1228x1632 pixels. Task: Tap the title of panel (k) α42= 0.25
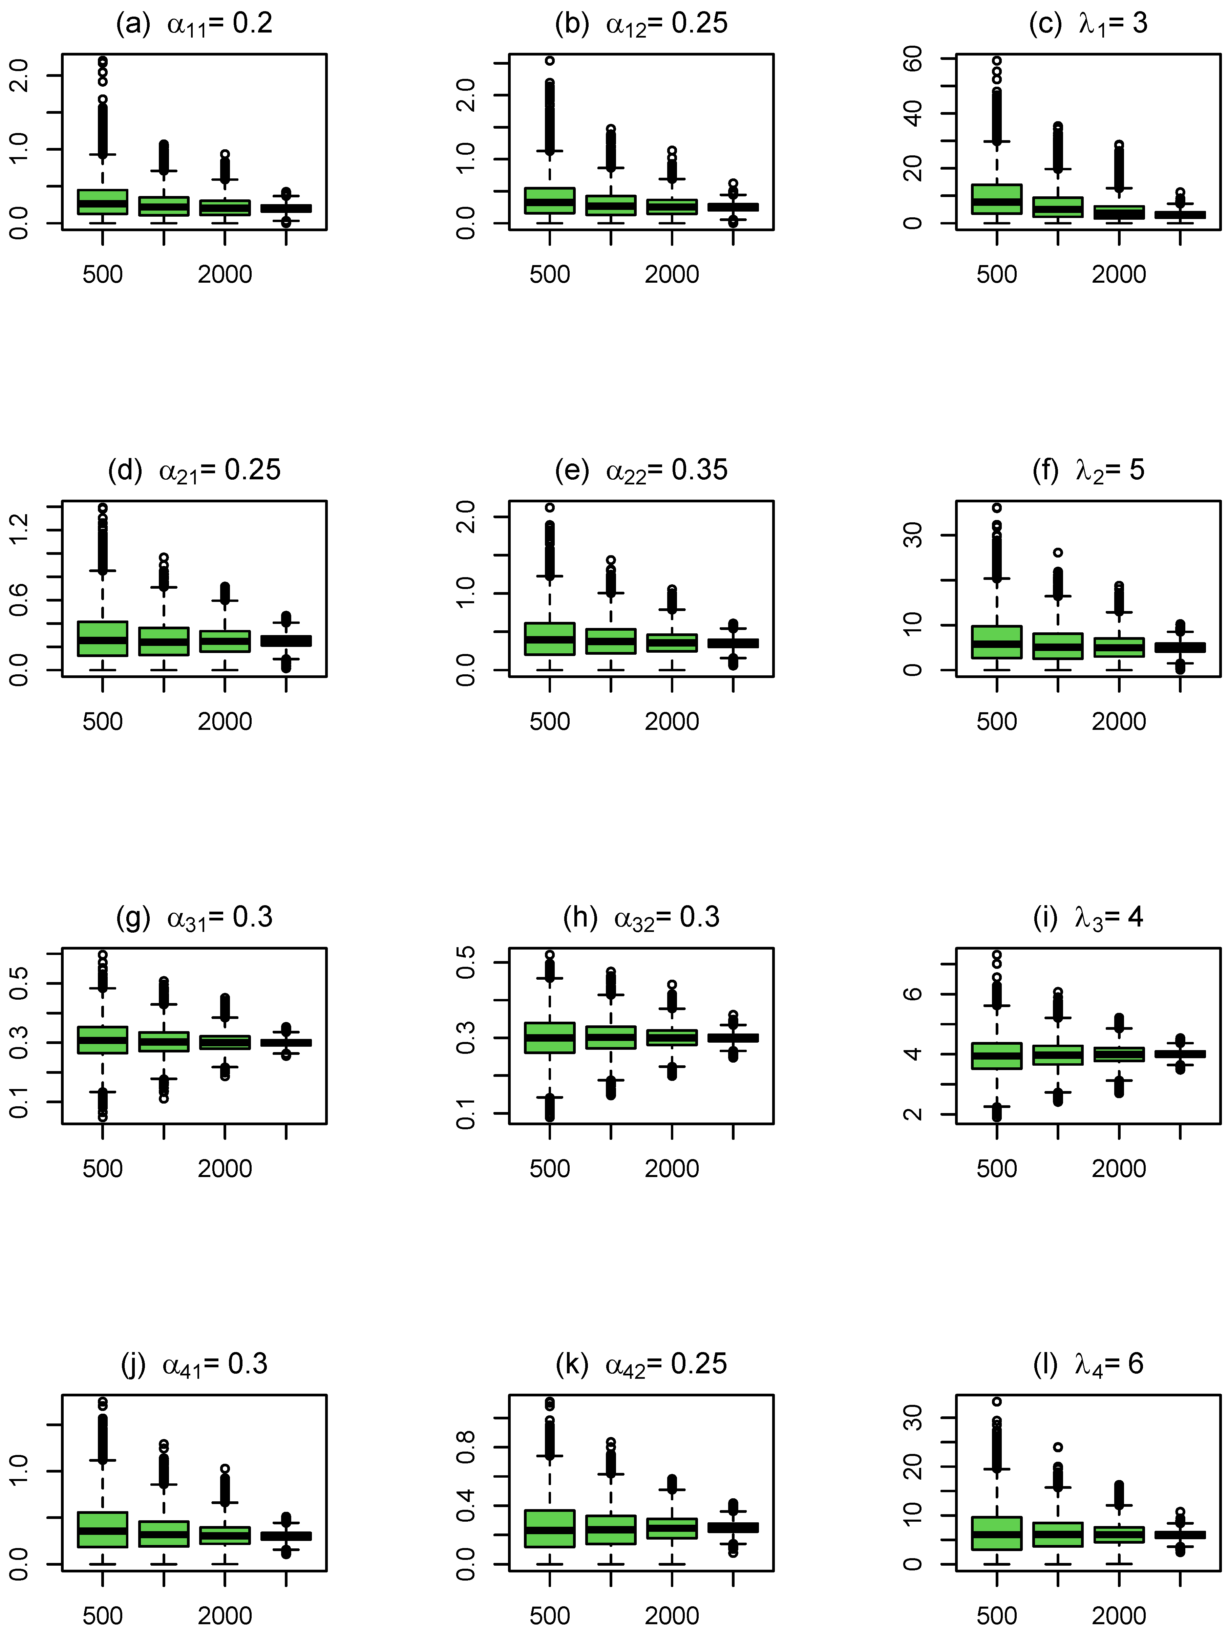(x=640, y=1364)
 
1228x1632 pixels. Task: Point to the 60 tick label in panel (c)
(x=913, y=59)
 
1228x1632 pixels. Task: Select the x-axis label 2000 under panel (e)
(x=672, y=722)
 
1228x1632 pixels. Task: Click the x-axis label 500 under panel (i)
(x=996, y=1169)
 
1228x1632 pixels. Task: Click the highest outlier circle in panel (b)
(x=550, y=61)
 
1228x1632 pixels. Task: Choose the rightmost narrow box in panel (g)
(x=286, y=1043)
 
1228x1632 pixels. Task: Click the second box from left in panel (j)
(x=164, y=1533)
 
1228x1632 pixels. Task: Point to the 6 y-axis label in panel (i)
(x=913, y=994)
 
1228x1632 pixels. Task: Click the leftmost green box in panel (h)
(x=550, y=1037)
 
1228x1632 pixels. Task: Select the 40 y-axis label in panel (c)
(x=913, y=114)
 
